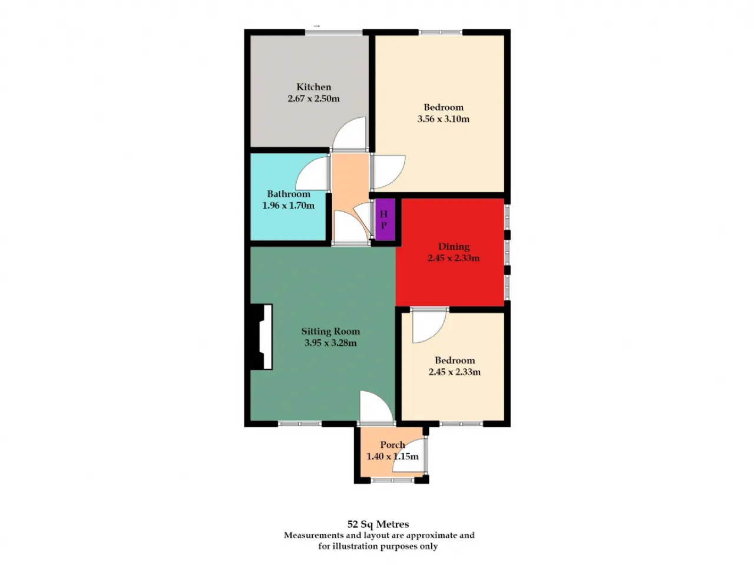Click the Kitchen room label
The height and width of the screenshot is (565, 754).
pyautogui.click(x=313, y=87)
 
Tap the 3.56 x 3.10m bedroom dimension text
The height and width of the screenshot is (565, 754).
pyautogui.click(x=443, y=119)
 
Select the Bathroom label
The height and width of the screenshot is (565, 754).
pyautogui.click(x=288, y=194)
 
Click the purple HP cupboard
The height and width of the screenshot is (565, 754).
pyautogui.click(x=384, y=220)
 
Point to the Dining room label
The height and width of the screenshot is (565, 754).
pyautogui.click(x=454, y=246)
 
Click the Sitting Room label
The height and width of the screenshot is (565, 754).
pyautogui.click(x=330, y=331)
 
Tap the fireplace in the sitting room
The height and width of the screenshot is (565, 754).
pyautogui.click(x=260, y=337)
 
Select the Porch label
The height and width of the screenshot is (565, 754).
pyautogui.click(x=392, y=445)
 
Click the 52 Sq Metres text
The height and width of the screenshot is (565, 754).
pyautogui.click(x=378, y=524)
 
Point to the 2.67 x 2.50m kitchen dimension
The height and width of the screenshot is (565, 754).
pyautogui.click(x=313, y=98)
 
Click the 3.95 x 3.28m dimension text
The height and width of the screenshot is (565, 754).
pyautogui.click(x=330, y=343)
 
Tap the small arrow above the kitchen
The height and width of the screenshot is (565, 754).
pyautogui.click(x=317, y=26)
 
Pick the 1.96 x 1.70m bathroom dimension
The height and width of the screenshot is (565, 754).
pyautogui.click(x=288, y=206)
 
